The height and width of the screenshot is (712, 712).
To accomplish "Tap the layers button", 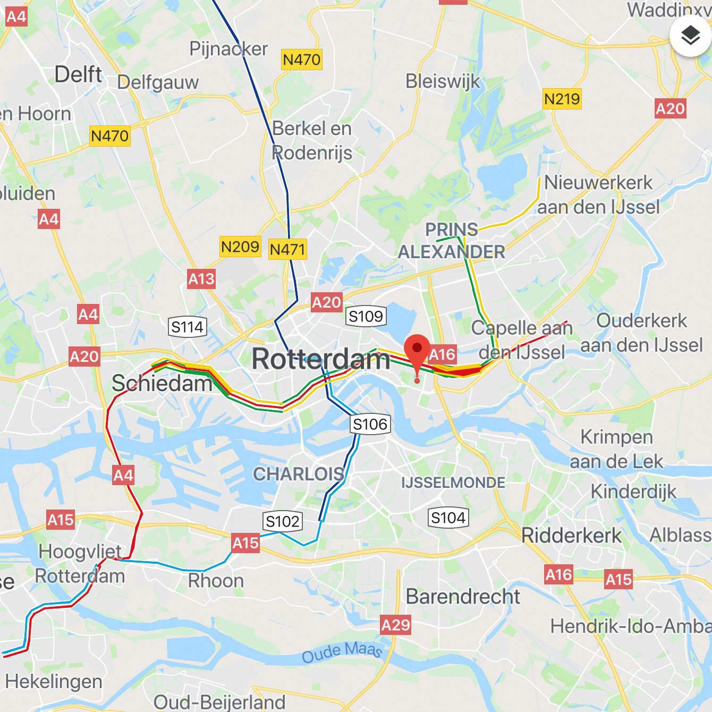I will (690, 36).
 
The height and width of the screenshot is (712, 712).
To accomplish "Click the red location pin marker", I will (417, 351).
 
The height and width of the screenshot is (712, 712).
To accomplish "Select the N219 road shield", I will (562, 99).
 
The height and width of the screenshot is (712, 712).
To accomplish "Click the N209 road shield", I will (240, 247).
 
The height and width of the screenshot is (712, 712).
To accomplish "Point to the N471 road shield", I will (287, 249).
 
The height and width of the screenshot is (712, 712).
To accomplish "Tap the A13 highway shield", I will (201, 278).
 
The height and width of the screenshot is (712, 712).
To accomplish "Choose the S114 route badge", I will (187, 327).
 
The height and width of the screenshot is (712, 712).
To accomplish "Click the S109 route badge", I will (366, 317).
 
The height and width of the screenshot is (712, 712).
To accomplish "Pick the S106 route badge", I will (370, 424).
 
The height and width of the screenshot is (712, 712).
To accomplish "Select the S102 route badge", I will (283, 521).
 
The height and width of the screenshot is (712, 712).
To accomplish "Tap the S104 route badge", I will (448, 518).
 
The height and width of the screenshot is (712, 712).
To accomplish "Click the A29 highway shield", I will (395, 625).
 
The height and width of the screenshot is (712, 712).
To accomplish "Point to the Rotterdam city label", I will (321, 359).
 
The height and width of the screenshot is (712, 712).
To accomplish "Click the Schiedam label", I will (162, 383).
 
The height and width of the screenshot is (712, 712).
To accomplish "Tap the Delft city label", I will (78, 74).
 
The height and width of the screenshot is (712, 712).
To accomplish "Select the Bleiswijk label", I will (443, 81).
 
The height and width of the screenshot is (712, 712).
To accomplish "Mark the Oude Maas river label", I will (342, 652).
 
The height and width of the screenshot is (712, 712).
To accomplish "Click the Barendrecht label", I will (463, 597).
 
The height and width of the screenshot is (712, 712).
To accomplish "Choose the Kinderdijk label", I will (633, 491).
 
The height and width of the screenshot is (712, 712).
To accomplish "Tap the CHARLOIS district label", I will (298, 473).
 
